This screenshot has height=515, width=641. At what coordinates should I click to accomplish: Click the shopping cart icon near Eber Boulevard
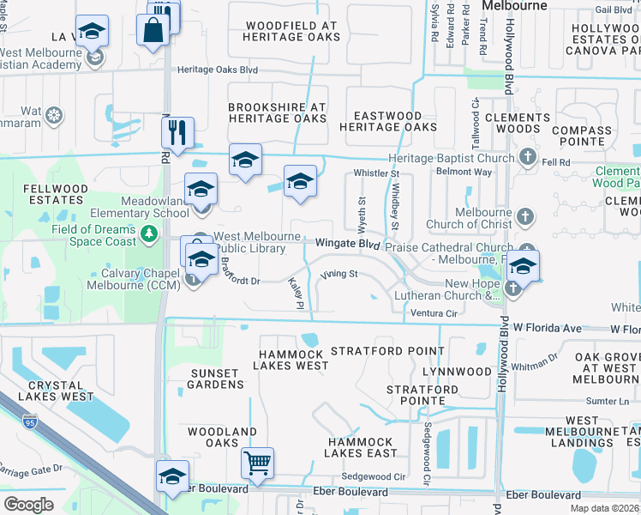(257, 464)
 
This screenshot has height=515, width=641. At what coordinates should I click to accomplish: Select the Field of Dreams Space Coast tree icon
(150, 233)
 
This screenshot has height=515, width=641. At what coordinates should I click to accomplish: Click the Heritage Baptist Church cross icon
(527, 158)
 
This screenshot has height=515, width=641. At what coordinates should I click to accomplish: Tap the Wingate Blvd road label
(347, 244)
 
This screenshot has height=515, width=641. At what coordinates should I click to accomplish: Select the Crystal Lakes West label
(55, 391)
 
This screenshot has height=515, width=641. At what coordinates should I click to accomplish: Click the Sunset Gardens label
(214, 379)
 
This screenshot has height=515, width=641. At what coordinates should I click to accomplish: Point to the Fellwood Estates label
(56, 194)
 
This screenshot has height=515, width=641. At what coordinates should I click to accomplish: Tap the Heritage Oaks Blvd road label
(218, 70)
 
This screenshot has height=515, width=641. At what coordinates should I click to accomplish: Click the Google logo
(29, 505)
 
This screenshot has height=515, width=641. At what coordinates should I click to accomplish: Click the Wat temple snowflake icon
(54, 114)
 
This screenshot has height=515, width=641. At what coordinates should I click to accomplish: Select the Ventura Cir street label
(430, 314)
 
